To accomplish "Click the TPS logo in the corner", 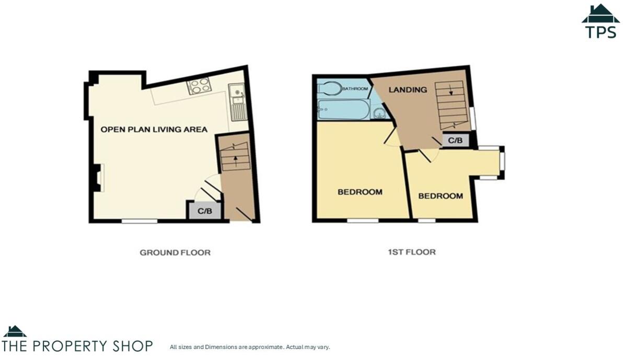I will click(600, 21).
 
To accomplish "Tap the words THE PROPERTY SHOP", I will click(77, 346).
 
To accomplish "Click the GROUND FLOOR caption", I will click(175, 252).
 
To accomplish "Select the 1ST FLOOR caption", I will click(411, 252).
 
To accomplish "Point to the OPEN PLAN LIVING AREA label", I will click(154, 129).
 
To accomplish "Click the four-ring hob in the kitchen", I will click(199, 86).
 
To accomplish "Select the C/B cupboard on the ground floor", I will click(204, 211).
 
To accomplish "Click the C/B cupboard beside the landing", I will click(455, 140).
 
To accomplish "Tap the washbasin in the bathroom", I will click(380, 112).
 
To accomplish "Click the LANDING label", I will click(408, 89).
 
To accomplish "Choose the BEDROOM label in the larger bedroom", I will click(360, 192).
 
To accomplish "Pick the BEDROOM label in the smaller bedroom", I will click(440, 196).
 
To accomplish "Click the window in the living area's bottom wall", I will click(140, 221).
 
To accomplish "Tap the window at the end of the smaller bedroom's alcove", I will click(502, 162).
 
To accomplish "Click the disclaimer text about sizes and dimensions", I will click(250, 347).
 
